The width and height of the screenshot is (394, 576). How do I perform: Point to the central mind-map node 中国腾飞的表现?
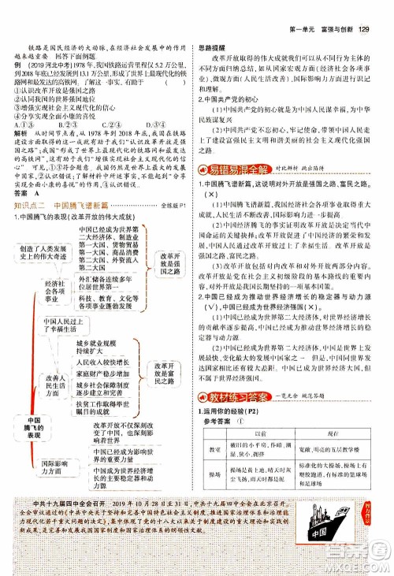[x=32, y=429]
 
